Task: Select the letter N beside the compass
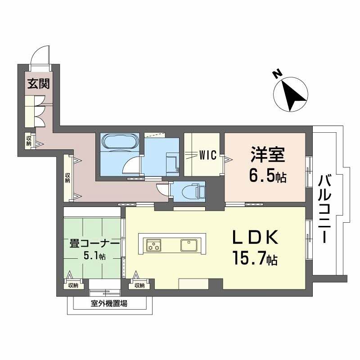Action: (278, 74)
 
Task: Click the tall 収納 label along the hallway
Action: (67, 178)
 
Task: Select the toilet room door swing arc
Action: (162, 189)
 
